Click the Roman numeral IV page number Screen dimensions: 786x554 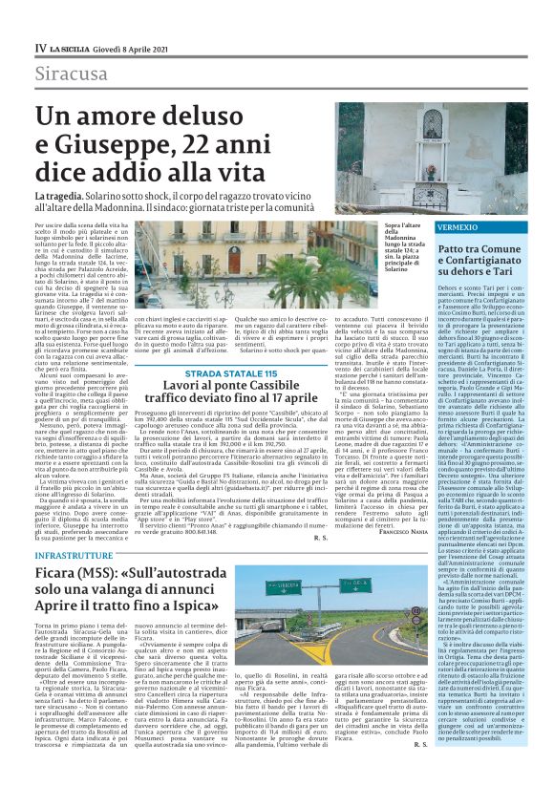(x=40, y=48)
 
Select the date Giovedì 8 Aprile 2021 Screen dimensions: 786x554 (x=139, y=48)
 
